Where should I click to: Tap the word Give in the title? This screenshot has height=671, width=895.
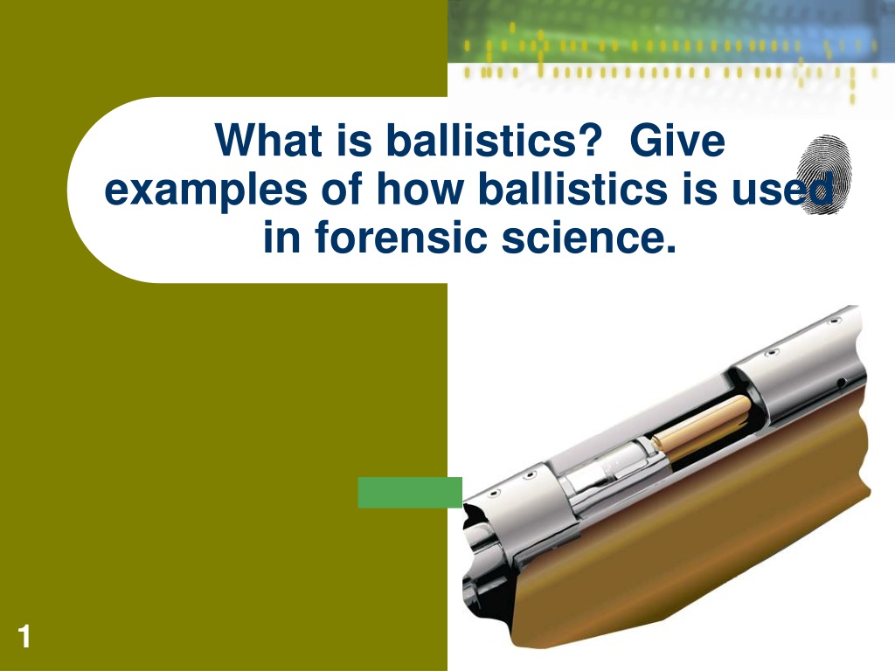[677, 140]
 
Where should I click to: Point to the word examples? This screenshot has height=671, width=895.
[206, 190]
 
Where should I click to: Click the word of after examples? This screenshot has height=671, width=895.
[342, 189]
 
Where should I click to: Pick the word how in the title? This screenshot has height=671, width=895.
[419, 189]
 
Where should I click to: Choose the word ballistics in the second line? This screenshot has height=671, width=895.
[572, 189]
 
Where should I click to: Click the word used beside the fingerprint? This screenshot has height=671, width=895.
[782, 189]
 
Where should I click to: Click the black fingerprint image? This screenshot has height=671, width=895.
[823, 175]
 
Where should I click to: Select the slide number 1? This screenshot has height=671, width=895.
[24, 636]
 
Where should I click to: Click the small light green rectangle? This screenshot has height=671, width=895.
[410, 493]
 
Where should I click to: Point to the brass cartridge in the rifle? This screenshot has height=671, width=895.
[702, 425]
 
